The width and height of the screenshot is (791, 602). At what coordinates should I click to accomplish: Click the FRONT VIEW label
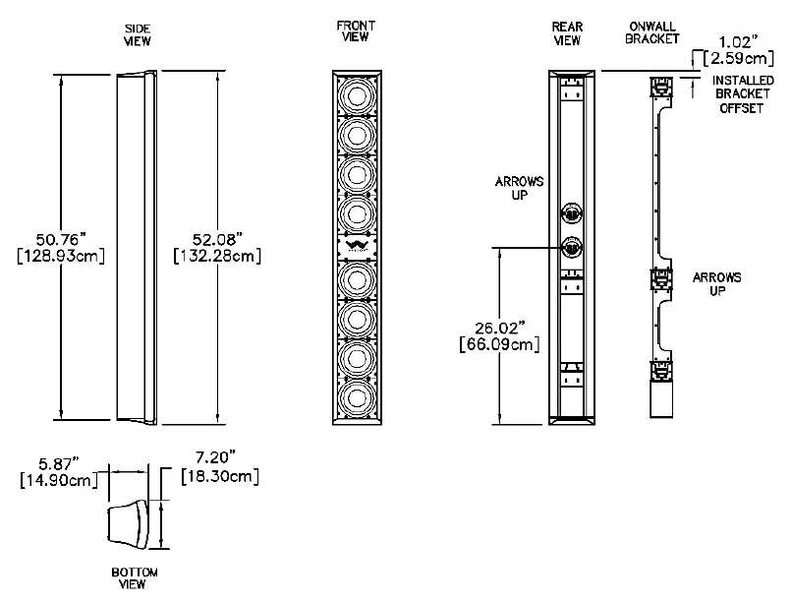pyautogui.click(x=355, y=31)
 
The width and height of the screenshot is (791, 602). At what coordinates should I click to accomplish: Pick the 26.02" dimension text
pyautogui.click(x=500, y=328)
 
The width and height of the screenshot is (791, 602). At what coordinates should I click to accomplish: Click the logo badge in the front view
pyautogui.click(x=355, y=245)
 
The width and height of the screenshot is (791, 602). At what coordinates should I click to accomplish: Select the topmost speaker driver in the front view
pyautogui.click(x=355, y=98)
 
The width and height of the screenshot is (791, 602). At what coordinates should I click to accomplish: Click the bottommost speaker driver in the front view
pyautogui.click(x=355, y=395)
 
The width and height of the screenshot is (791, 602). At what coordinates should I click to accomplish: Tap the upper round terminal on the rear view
pyautogui.click(x=570, y=211)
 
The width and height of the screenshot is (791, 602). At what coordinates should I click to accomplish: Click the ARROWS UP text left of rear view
pyautogui.click(x=520, y=188)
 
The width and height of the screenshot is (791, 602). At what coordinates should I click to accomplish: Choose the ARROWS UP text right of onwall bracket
pyautogui.click(x=717, y=285)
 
